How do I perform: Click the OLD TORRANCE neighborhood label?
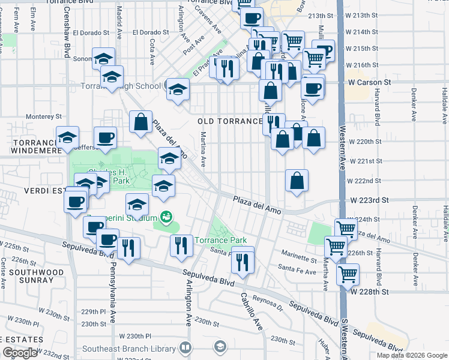click(231, 121)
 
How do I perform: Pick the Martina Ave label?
click(203, 149)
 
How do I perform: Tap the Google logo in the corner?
click(20, 353)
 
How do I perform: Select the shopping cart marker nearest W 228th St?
click(348, 275)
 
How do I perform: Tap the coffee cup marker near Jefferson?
click(105, 138)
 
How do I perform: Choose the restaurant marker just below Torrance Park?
click(243, 260)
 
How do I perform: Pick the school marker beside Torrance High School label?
click(177, 90)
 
